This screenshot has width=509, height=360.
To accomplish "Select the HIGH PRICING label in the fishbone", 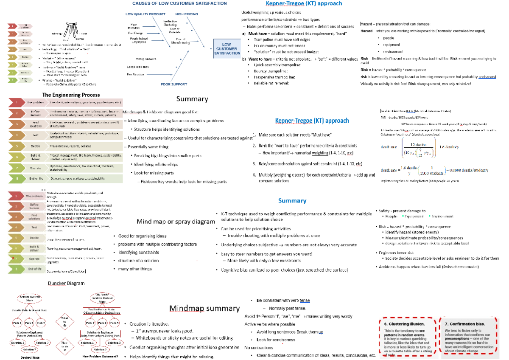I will [x=186, y=14].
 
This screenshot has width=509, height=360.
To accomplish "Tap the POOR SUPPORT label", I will [x=173, y=84].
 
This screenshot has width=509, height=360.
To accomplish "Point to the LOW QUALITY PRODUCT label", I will [x=145, y=14].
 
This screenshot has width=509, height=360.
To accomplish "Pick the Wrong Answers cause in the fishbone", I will [x=145, y=59].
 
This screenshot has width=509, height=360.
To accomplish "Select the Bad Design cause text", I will [x=136, y=33].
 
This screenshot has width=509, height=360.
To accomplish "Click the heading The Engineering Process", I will [x=71, y=95].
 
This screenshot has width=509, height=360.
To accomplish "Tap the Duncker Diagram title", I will [x=67, y=283].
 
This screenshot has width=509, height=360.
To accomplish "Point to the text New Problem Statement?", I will [x=100, y=356].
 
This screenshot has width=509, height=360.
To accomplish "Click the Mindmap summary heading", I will [x=204, y=308].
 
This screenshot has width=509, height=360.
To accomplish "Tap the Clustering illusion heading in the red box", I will [x=401, y=324].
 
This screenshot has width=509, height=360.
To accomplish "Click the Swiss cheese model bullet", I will [x=427, y=267].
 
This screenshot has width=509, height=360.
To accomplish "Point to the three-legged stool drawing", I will [x=71, y=31].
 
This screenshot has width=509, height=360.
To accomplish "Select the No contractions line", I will [x=259, y=348].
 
